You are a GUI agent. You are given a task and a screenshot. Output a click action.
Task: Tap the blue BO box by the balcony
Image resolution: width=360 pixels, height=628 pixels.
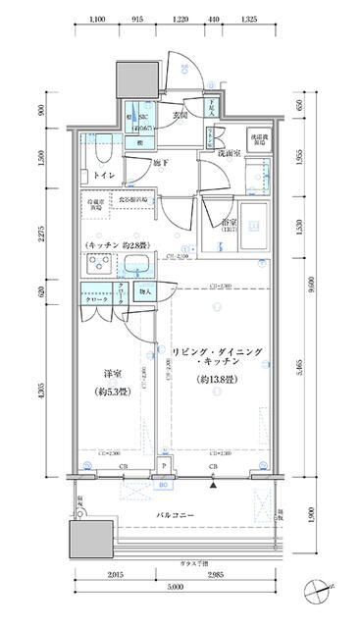pos(164,483)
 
